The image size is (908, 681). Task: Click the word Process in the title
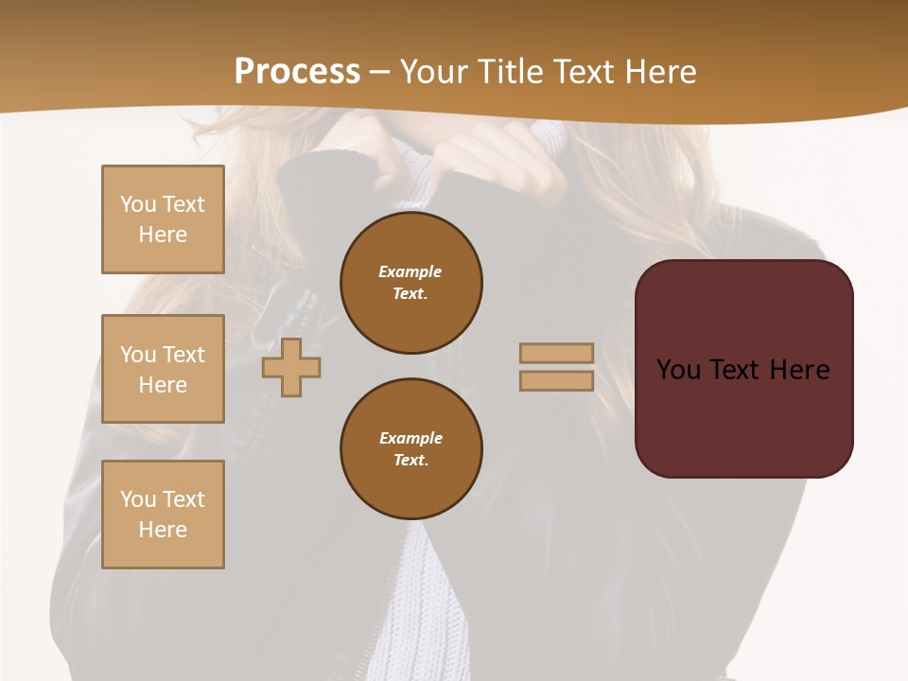tap(297, 72)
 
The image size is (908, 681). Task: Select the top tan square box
tap(163, 219)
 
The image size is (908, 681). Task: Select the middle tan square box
tap(163, 369)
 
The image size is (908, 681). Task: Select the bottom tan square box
tap(163, 515)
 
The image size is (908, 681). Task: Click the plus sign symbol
tap(291, 367)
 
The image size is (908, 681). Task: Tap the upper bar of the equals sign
tap(556, 353)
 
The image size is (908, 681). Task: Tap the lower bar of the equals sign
tap(556, 380)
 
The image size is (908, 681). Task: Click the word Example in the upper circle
tap(410, 271)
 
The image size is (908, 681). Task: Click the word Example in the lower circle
tap(410, 438)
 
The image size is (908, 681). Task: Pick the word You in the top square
tap(138, 204)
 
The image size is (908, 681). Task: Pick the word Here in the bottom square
tap(163, 530)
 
